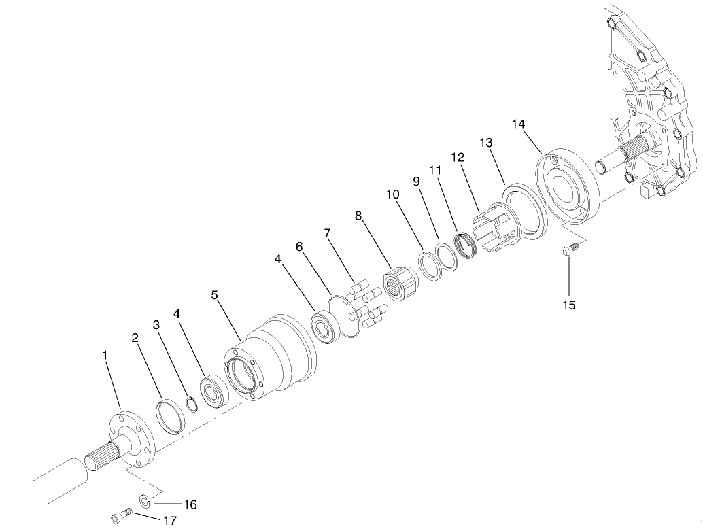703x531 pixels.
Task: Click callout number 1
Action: (x=105, y=355)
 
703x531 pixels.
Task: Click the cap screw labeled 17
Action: (x=119, y=518)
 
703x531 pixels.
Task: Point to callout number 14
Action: (x=519, y=124)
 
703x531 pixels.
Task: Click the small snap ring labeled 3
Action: (x=192, y=404)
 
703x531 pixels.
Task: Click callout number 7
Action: (x=328, y=233)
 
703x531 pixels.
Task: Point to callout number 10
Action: (x=392, y=194)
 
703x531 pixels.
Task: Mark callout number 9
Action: (x=417, y=182)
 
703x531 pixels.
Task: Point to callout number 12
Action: (x=458, y=157)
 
